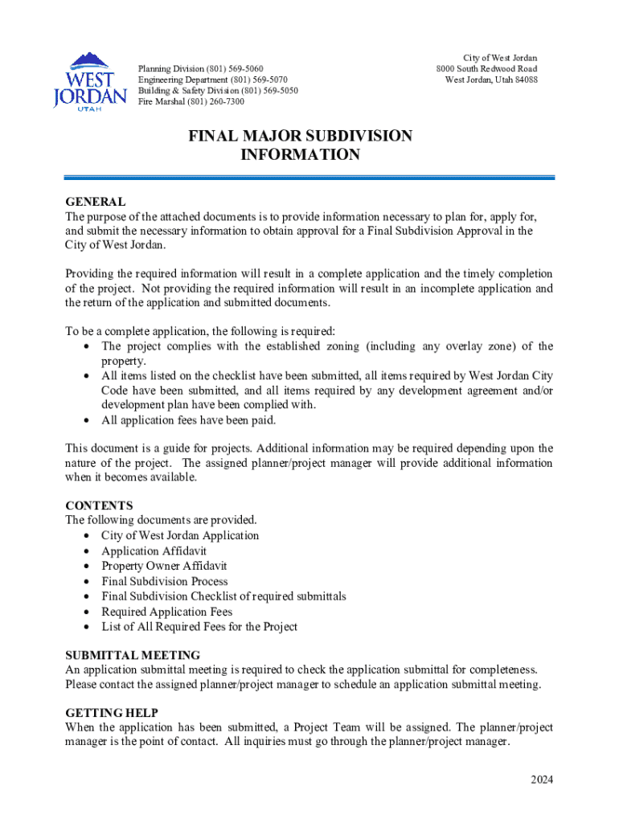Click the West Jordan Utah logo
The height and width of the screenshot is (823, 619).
(x=90, y=83)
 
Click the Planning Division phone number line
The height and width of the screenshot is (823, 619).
(x=201, y=69)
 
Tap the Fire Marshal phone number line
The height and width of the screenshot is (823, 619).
(x=191, y=102)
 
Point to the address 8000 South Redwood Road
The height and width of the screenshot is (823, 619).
(x=486, y=69)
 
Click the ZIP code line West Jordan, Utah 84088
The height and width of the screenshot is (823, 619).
(x=491, y=80)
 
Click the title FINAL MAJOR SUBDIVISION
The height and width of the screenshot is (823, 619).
(x=300, y=136)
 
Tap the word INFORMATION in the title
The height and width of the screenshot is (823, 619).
(x=300, y=155)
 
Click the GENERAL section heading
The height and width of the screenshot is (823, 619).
(x=95, y=202)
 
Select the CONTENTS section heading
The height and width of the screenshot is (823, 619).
(x=99, y=506)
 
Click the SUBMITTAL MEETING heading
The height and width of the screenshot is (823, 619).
(x=133, y=655)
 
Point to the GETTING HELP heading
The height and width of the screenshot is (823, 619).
(x=112, y=713)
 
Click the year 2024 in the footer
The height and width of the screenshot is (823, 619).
(x=541, y=780)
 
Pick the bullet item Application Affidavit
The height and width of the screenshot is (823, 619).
(x=154, y=551)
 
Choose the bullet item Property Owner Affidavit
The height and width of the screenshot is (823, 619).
(x=164, y=566)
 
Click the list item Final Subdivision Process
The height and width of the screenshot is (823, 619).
(x=164, y=581)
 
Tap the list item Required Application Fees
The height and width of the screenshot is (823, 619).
(x=166, y=612)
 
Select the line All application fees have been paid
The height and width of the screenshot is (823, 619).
(x=188, y=420)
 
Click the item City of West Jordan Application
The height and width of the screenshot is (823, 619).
(x=180, y=536)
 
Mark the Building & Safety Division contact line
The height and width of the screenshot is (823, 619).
(x=217, y=91)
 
